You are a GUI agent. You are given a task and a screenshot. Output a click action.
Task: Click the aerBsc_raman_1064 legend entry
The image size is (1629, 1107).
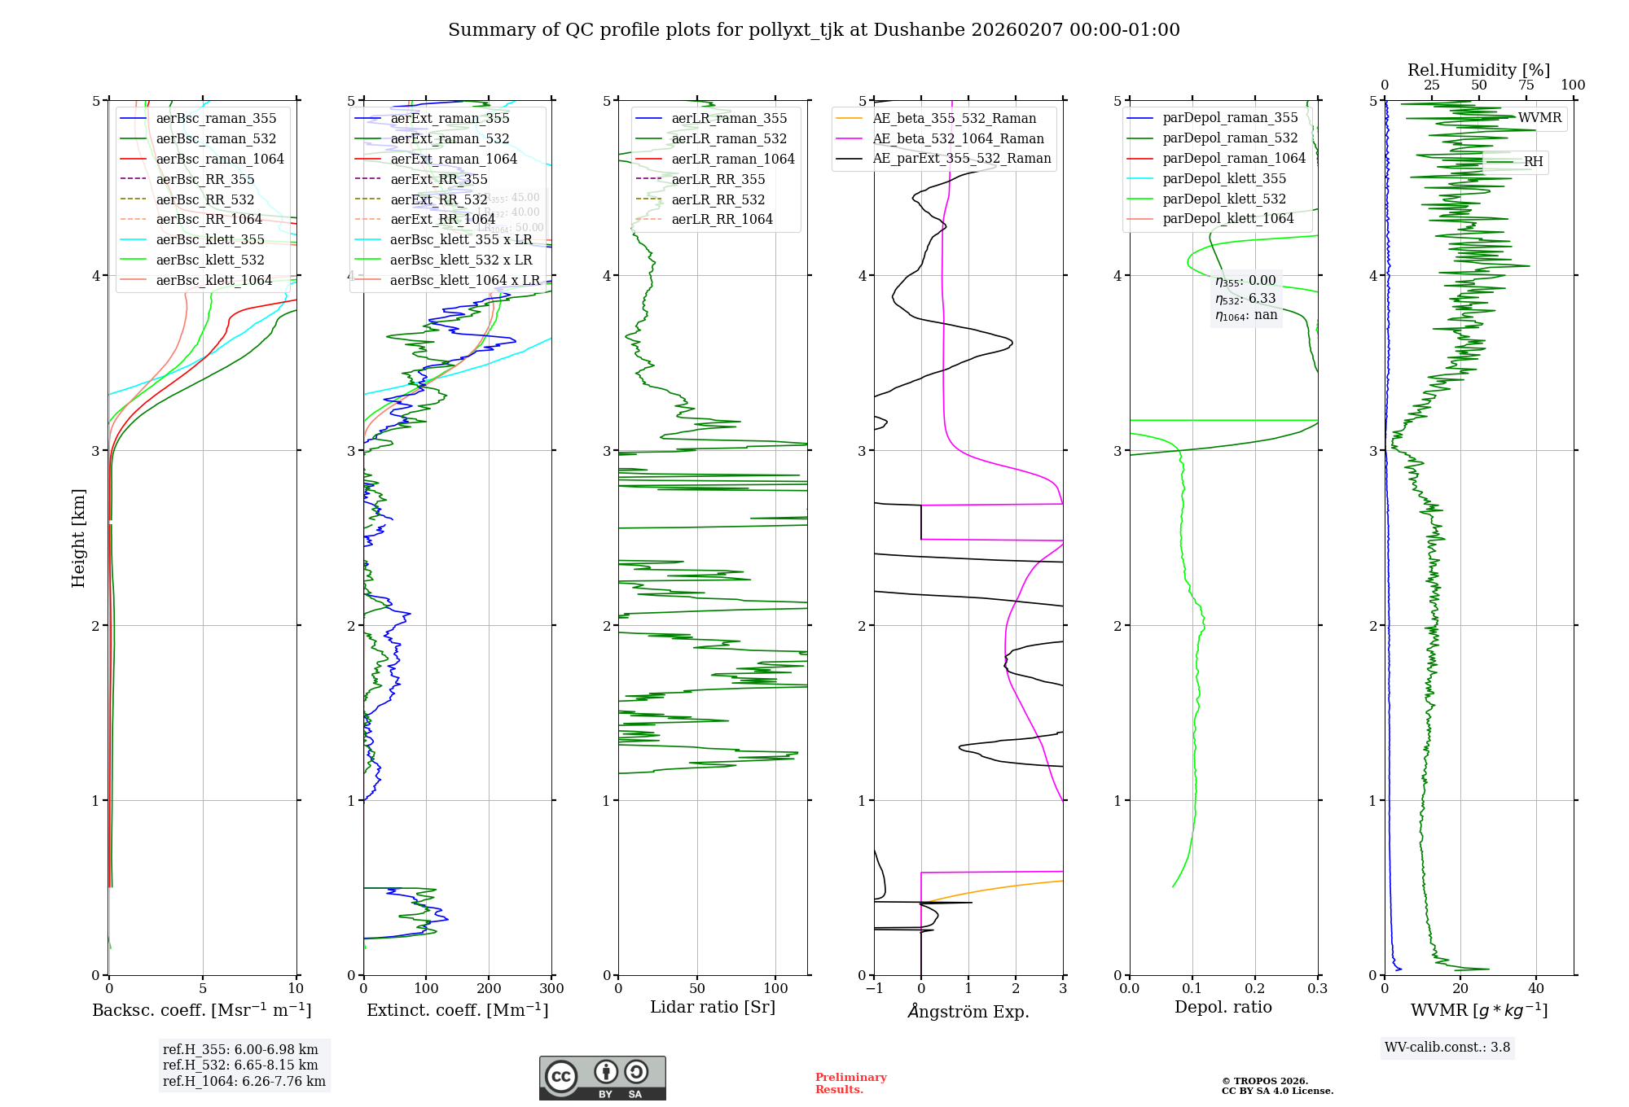tap(220, 159)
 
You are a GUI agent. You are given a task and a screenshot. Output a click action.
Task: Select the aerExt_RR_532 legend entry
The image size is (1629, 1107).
tap(439, 199)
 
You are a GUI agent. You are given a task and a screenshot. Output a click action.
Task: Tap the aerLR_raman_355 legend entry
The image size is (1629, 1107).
tap(729, 118)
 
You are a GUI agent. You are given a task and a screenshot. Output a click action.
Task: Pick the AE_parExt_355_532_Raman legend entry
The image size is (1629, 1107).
tap(961, 158)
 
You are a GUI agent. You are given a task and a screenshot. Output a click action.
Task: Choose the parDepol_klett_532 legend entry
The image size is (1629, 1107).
tap(1224, 199)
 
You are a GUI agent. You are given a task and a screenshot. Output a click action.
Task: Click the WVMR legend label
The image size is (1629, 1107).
tap(1539, 118)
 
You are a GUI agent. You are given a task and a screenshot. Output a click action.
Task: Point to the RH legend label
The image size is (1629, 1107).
tap(1533, 162)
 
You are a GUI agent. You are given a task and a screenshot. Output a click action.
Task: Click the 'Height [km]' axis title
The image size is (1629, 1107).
tap(78, 537)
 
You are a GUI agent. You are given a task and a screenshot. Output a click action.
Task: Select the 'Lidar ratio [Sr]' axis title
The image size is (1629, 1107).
tap(713, 1007)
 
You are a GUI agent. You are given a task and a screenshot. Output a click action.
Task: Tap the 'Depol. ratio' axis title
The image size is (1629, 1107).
tap(1223, 1007)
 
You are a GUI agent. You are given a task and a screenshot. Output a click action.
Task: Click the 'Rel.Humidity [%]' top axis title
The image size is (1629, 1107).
tap(1478, 70)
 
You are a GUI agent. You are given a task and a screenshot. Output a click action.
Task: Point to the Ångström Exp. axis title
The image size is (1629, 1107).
tap(968, 1011)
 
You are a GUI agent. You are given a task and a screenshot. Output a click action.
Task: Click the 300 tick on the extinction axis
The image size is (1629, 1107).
tap(551, 989)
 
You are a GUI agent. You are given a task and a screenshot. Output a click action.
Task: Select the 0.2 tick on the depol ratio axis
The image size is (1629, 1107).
tap(1255, 989)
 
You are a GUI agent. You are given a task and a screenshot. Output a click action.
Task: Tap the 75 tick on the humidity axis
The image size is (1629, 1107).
tap(1526, 85)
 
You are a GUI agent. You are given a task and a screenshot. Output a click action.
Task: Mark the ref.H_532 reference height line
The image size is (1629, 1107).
tap(240, 1065)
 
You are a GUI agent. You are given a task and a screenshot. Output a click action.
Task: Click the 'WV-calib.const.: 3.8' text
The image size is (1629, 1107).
tap(1447, 1048)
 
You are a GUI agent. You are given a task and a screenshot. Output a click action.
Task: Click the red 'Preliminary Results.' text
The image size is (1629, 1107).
tap(850, 1083)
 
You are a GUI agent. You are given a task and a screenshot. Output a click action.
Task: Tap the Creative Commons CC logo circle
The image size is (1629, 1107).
tap(561, 1077)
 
